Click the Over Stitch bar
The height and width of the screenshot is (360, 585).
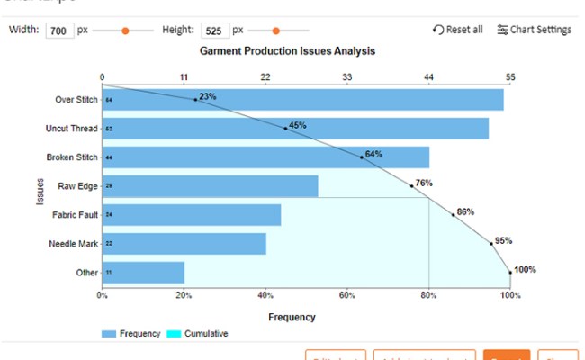(302, 99)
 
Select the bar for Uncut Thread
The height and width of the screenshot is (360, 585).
(295, 129)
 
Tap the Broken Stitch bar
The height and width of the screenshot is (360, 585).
(265, 157)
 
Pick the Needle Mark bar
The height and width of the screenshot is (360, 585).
(184, 244)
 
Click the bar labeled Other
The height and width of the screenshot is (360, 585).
(143, 272)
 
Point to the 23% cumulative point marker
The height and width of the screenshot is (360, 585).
(195, 99)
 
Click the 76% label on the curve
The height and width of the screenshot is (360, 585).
(424, 183)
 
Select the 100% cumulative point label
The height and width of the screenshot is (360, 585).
(525, 269)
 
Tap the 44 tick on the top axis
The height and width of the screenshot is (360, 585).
(428, 77)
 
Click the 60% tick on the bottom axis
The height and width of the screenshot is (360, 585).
(347, 295)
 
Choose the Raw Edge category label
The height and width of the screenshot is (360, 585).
(78, 186)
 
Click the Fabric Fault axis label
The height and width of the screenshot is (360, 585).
(74, 215)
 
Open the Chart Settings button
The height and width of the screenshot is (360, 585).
(534, 30)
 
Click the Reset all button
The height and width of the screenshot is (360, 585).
(457, 30)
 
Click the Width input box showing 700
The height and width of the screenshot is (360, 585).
(58, 30)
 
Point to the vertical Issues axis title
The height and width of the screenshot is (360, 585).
(40, 187)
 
